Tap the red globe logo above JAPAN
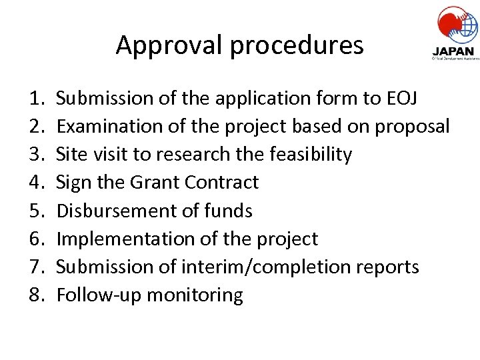[457, 24]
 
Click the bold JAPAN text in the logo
[453, 51]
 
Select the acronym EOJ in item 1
[402, 99]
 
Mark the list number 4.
[36, 183]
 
